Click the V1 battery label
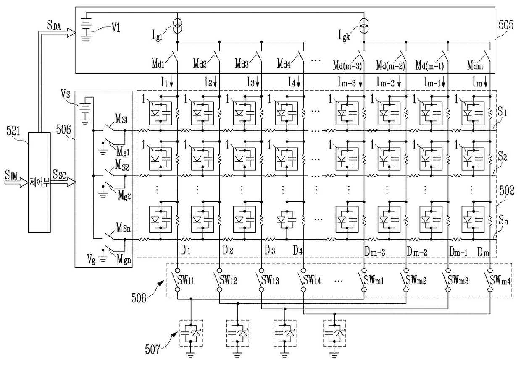116,28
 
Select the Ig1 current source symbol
177,26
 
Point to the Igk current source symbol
364,26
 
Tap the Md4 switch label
284,64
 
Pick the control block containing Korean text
39,182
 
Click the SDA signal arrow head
71,32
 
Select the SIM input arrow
16,182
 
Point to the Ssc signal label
59,175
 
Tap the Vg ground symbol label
91,259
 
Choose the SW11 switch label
186,280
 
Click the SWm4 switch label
500,281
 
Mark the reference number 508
139,298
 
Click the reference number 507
153,349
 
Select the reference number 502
507,190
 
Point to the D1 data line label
185,250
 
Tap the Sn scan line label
503,221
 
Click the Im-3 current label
347,82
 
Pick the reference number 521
13,131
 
